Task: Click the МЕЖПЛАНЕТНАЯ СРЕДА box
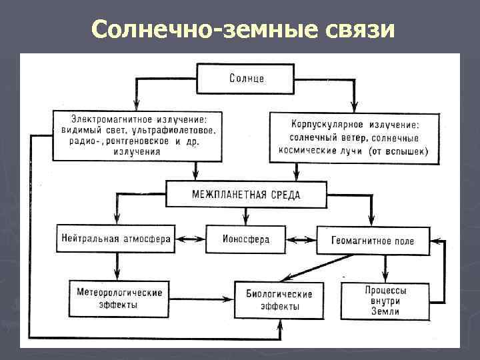click(246, 195)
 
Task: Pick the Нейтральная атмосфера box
click(116, 238)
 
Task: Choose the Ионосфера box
click(246, 239)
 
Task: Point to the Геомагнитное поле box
click(372, 241)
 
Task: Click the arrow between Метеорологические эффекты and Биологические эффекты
click(199, 299)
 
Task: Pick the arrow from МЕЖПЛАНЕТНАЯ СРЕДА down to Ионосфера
click(246, 215)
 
